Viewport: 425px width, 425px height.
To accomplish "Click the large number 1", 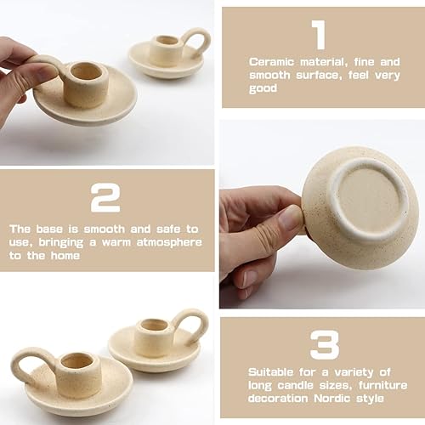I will coord(319,37).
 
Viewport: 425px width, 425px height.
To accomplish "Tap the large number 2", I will coord(105,198).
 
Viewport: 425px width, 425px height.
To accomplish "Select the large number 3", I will coord(322,345).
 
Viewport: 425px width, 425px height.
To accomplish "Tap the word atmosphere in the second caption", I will coord(171,241).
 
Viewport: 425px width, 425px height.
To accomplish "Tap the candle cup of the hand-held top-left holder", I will coord(85,83).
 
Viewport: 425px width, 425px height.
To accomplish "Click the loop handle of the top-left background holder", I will coord(195,39).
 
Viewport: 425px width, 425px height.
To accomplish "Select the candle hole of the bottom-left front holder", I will coord(76,360).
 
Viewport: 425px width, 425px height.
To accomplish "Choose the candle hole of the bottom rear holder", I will coord(153,325).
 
